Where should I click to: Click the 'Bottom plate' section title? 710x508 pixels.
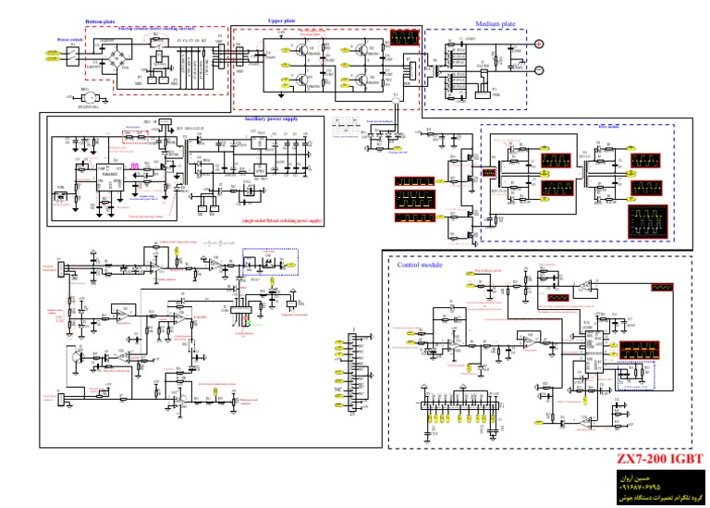100,21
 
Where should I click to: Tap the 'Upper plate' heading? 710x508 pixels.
282,20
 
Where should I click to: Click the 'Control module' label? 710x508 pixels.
420,265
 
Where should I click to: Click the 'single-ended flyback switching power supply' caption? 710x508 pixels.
281,221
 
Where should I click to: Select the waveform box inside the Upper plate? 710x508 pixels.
403,39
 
